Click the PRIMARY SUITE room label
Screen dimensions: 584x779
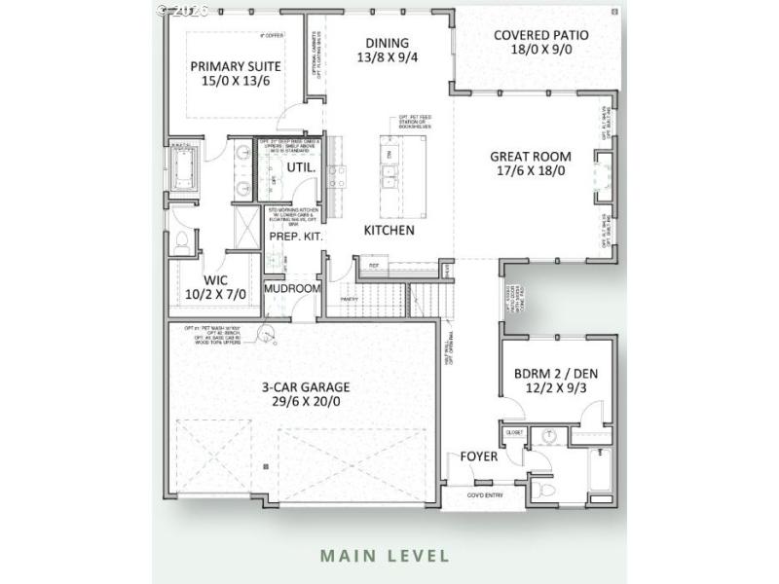click(236, 66)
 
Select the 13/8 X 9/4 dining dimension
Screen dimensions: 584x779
click(387, 58)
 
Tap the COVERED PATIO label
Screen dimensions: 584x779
click(540, 35)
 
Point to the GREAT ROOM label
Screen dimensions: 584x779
click(530, 156)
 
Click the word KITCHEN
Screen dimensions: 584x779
click(389, 231)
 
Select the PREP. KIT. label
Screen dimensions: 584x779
click(296, 237)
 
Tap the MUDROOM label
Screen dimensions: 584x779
click(293, 289)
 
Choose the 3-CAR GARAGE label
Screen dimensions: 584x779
click(305, 386)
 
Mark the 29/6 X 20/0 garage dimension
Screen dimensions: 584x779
click(305, 401)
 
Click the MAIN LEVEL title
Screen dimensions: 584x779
click(386, 557)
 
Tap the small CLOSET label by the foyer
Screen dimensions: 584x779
click(513, 431)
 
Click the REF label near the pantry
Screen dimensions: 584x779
click(373, 265)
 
